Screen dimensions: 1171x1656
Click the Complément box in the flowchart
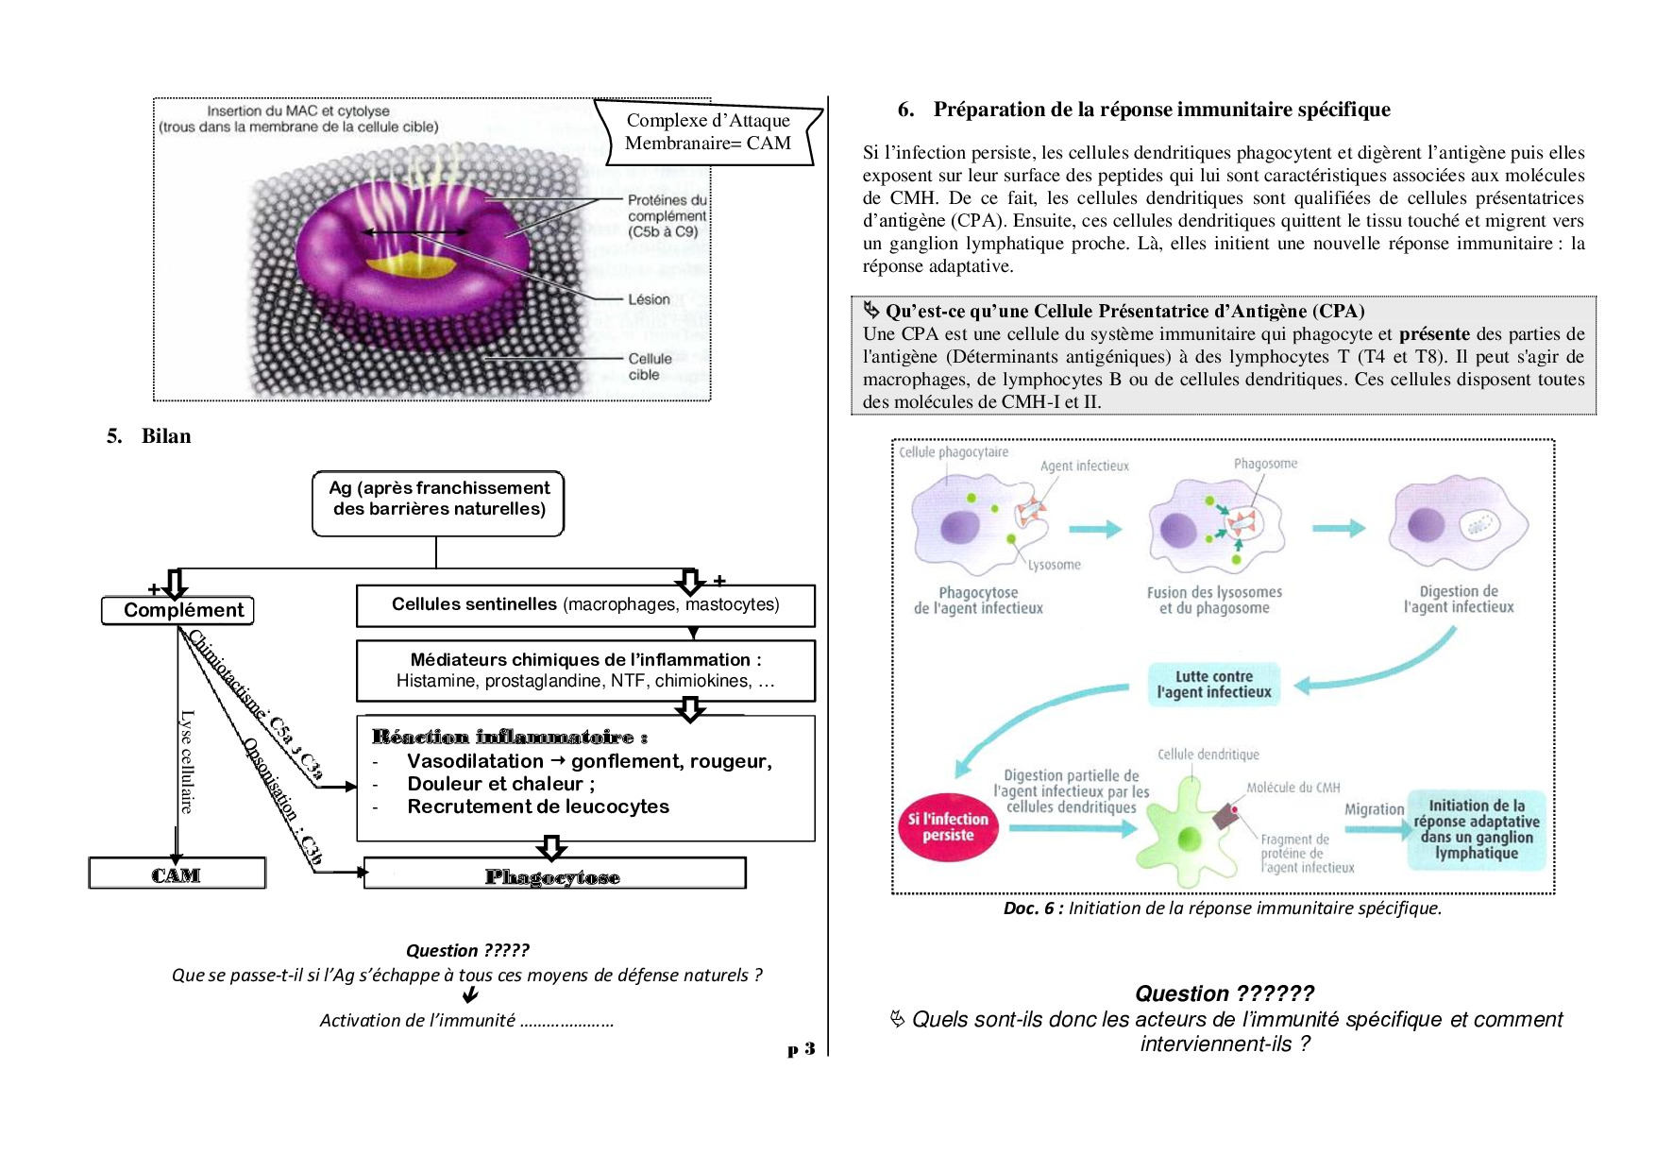177,611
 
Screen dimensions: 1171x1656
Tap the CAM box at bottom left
177,874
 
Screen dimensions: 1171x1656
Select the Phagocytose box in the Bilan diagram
554,874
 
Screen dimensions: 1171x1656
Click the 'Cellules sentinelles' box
585,605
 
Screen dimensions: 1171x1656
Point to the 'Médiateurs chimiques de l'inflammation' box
585,670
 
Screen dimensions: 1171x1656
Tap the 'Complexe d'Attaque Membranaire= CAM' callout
708,132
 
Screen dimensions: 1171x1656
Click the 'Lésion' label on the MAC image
649,299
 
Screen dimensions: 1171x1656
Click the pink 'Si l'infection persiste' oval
948,826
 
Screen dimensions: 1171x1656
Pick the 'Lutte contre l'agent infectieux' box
1214,685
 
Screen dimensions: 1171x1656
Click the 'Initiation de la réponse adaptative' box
1477,829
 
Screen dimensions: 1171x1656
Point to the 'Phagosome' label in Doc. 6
1265,464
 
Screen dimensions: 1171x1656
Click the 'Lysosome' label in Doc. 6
1054,565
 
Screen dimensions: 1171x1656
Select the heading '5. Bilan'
149,436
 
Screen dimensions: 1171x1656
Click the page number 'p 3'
801,1049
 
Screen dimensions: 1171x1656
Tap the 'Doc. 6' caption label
1033,908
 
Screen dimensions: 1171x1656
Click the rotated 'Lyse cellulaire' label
187,761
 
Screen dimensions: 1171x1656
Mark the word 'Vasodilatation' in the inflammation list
475,761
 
